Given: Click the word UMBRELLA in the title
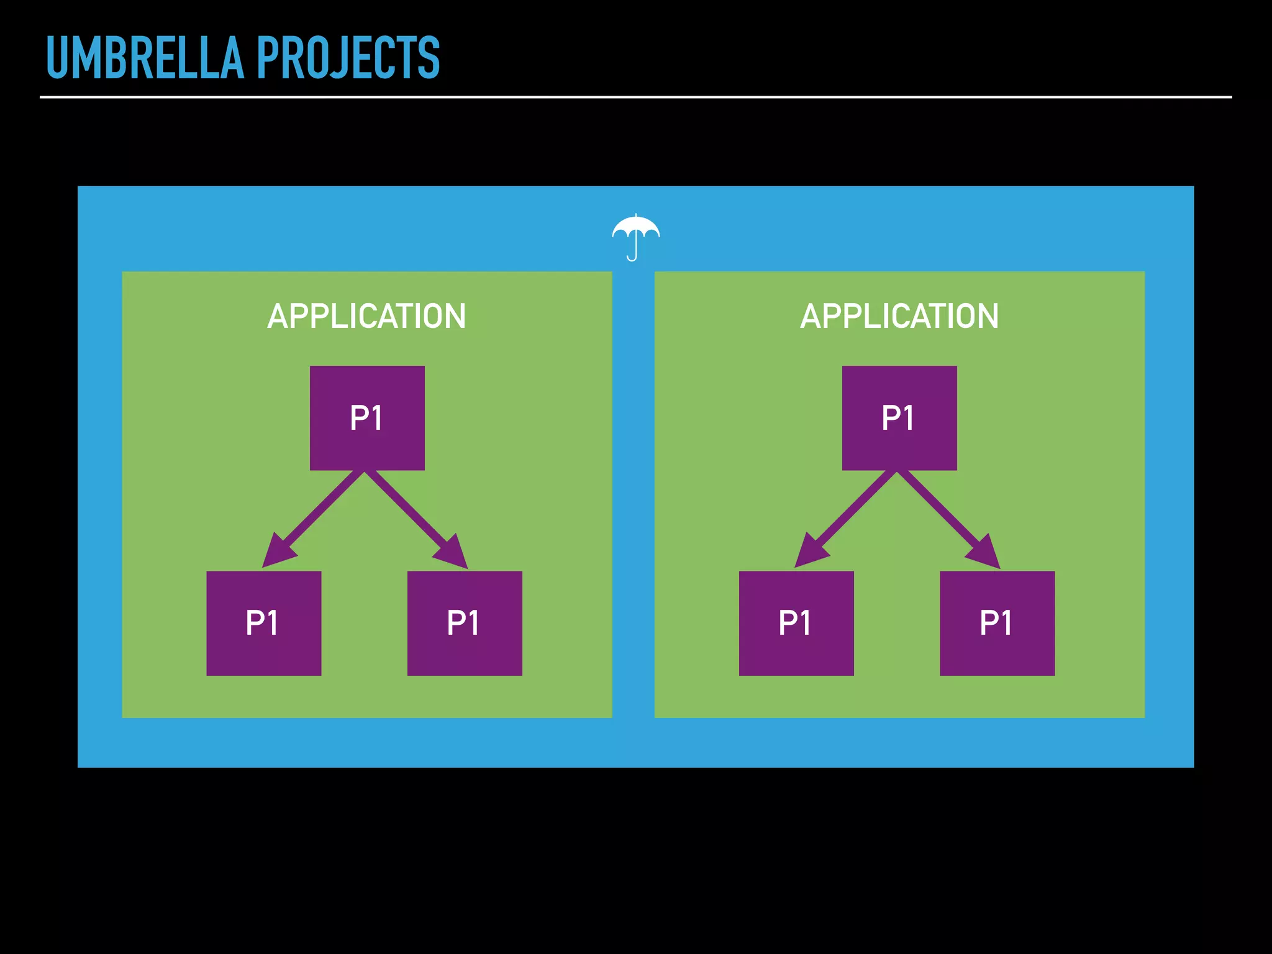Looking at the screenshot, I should click(x=145, y=58).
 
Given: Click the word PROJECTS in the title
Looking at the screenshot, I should click(x=348, y=58).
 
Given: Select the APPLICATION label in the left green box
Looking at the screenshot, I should click(x=366, y=316).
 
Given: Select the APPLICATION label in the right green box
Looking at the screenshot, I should click(x=899, y=316).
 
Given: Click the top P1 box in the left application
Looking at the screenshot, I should click(x=367, y=418).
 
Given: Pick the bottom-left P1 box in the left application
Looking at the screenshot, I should click(x=264, y=623).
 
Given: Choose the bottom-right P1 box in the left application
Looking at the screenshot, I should click(x=465, y=623).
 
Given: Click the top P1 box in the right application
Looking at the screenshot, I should click(x=899, y=418).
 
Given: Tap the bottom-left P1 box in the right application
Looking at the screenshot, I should click(x=796, y=623).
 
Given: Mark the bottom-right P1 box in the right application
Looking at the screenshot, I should click(x=997, y=623).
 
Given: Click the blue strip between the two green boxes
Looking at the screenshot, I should click(x=634, y=497).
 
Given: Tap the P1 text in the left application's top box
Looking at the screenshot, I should click(x=366, y=418).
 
